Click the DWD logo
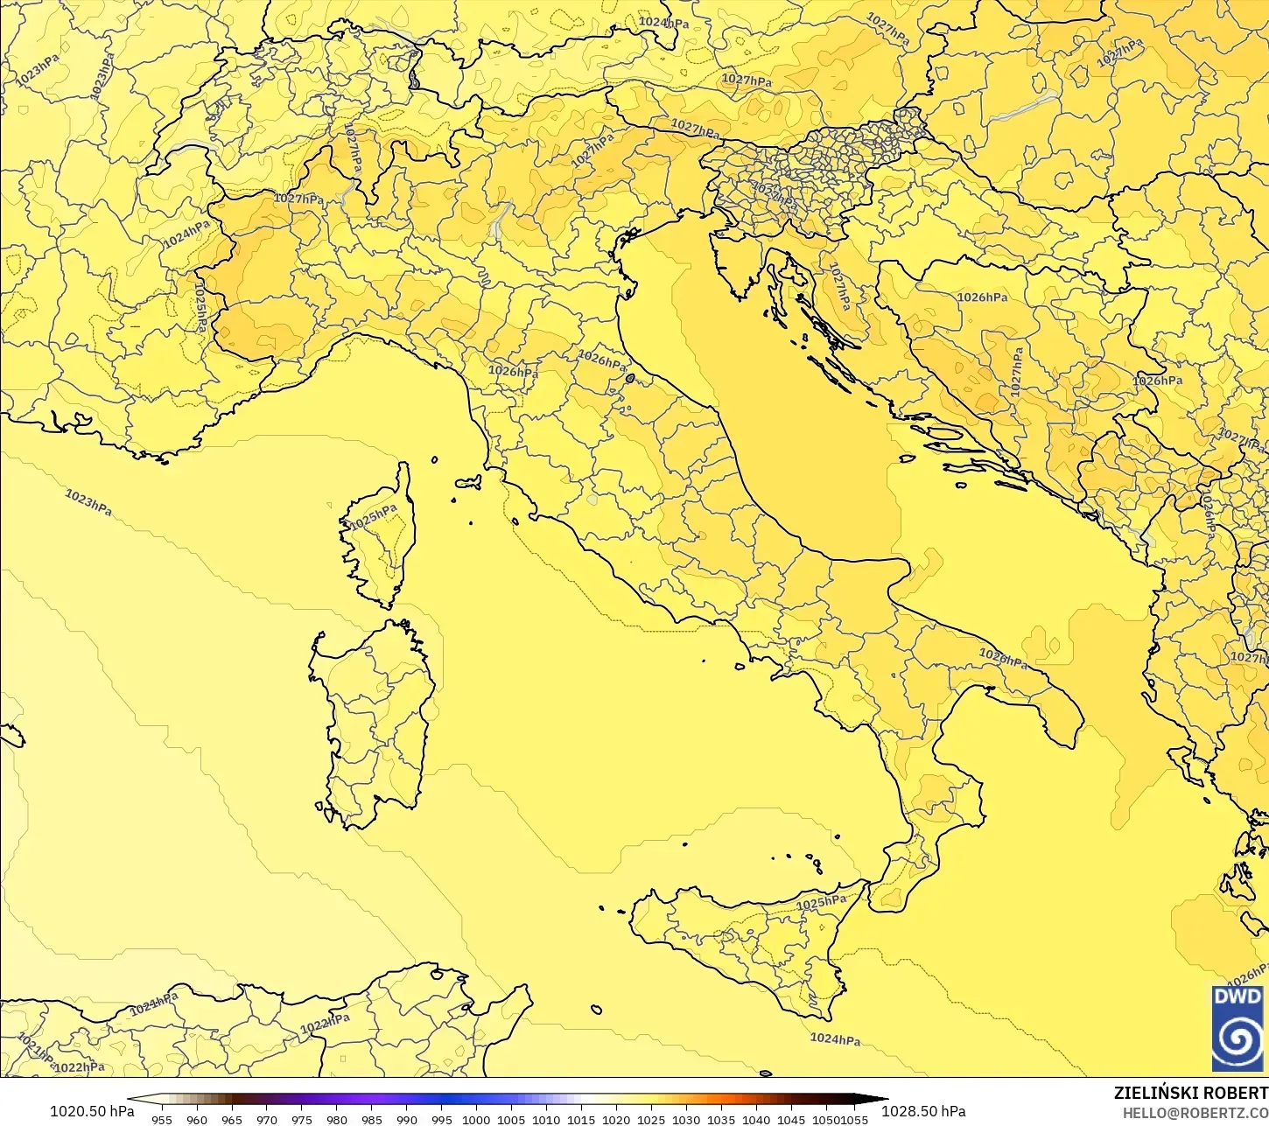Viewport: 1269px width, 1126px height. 1237,1028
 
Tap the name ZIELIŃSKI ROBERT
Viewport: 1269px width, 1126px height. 1190,1093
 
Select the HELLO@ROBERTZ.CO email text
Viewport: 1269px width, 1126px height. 1195,1112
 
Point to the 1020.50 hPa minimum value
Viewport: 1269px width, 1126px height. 92,1111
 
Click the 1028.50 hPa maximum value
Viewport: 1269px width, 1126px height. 923,1111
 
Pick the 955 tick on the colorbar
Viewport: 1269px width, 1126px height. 162,1119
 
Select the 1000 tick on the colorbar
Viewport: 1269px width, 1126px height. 476,1119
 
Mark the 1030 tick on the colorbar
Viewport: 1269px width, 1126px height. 686,1119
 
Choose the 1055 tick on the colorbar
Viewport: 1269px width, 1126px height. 854,1119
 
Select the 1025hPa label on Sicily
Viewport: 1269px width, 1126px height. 821,902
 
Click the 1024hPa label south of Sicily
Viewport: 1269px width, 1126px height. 835,1039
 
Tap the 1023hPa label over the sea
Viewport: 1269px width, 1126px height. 88,502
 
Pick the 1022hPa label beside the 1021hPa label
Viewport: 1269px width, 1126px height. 79,1067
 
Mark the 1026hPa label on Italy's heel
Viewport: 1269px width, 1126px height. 1003,658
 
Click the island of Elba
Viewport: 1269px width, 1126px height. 468,482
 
